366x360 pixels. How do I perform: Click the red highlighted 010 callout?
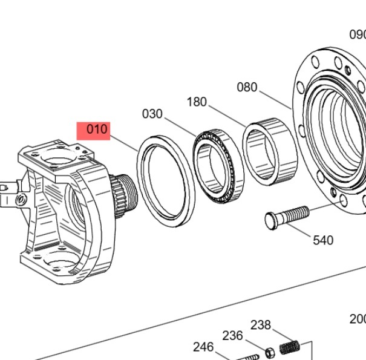click(x=93, y=129)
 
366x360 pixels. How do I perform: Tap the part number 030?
click(x=152, y=114)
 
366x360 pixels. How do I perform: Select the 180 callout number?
click(x=197, y=102)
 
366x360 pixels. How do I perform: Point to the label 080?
click(x=247, y=87)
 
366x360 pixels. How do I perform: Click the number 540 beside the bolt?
click(x=323, y=240)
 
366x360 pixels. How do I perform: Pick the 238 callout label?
click(x=261, y=325)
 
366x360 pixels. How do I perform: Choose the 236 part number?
click(x=232, y=335)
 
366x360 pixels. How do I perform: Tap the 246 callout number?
click(x=203, y=347)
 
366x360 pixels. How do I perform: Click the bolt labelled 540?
click(x=288, y=217)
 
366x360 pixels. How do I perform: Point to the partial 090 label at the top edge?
click(x=358, y=34)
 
